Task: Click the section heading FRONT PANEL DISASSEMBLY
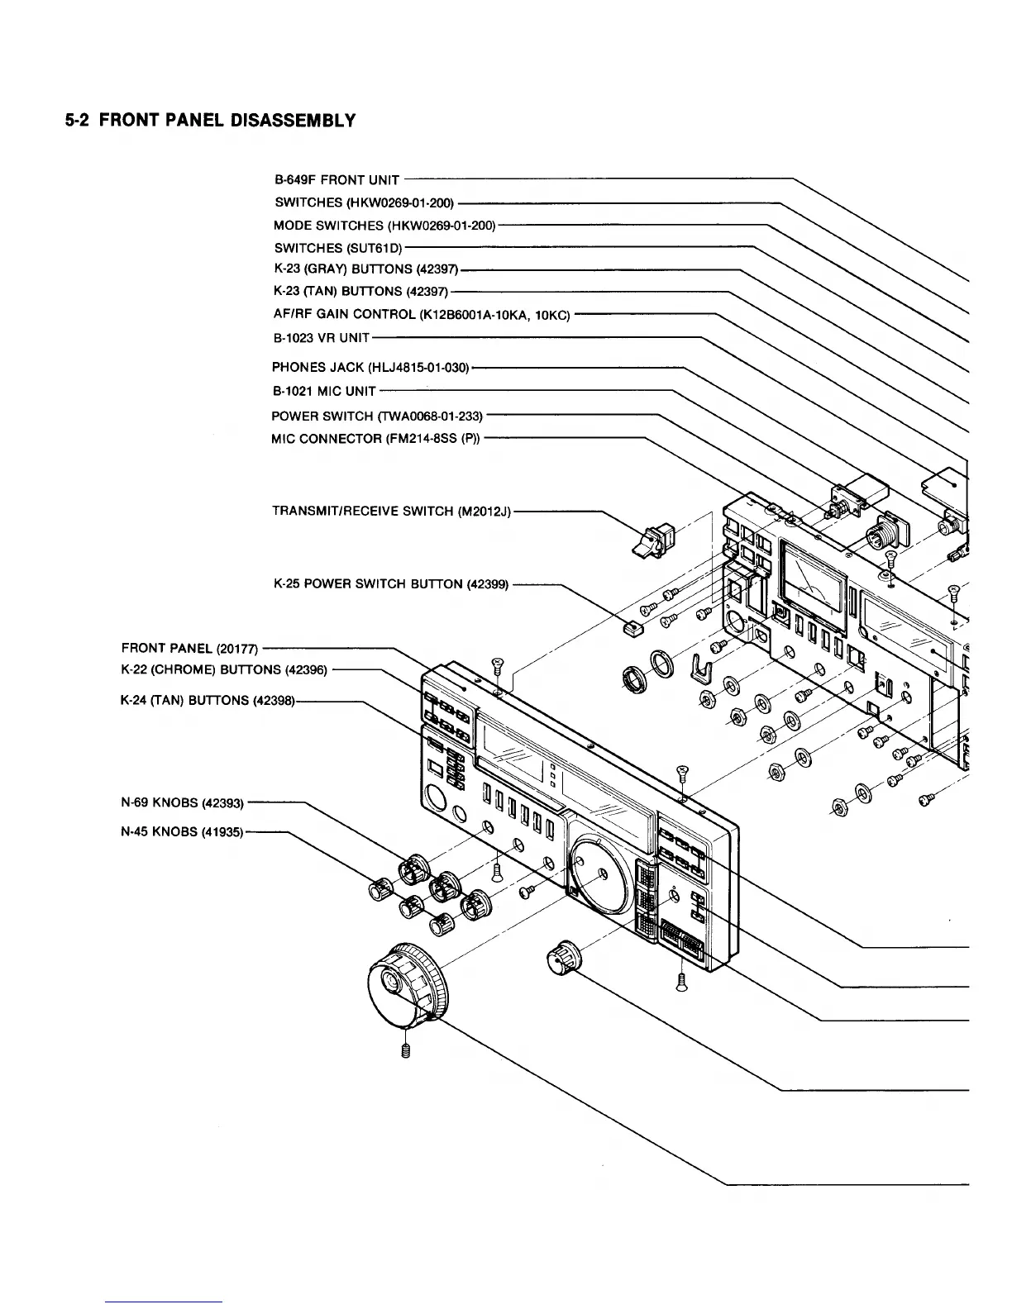[210, 121]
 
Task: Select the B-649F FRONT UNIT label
[337, 180]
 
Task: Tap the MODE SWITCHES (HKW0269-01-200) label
[384, 226]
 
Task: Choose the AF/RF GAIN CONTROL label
[421, 315]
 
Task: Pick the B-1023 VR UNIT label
[321, 338]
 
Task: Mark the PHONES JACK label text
[370, 367]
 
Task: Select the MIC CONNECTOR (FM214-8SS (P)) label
[375, 439]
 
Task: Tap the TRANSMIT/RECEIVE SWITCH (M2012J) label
[392, 512]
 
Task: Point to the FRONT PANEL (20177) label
[190, 648]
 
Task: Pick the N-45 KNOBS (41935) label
[182, 832]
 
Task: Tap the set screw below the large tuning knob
[406, 1050]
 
